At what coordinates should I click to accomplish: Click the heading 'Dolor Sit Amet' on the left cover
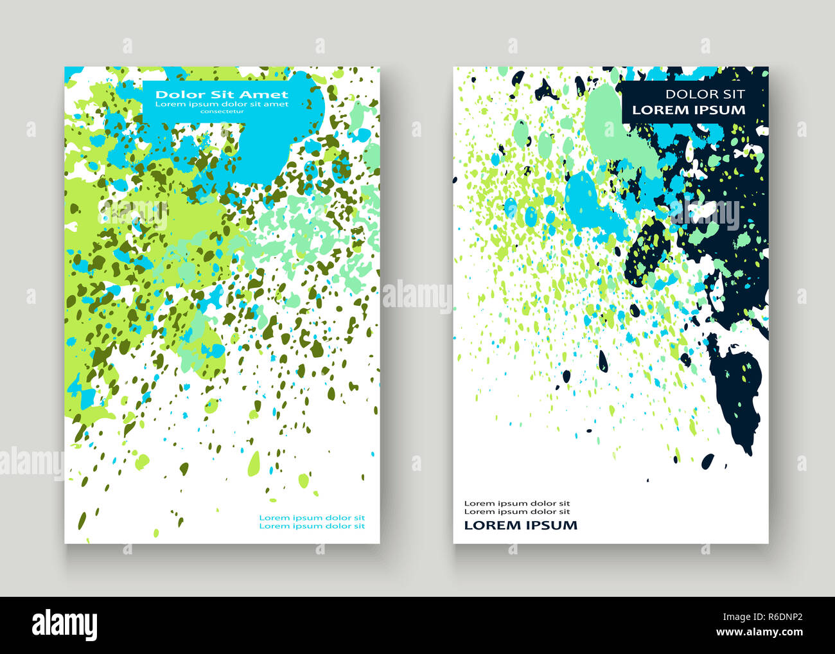coord(222,94)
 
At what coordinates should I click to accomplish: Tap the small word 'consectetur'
coord(222,111)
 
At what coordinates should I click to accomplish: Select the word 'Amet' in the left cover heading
coord(267,94)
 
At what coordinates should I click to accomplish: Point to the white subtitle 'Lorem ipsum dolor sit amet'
coord(222,103)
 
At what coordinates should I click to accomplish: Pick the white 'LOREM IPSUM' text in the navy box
coord(689,110)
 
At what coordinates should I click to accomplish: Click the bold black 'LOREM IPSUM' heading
coord(520,525)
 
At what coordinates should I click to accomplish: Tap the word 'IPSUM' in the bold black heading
coord(552,525)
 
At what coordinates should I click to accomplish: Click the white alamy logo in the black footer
coord(65,624)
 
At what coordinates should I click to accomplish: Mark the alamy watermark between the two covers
coord(417,296)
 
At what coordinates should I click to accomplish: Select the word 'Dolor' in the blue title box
coord(170,94)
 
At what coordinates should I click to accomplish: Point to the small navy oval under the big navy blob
coord(707,460)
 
